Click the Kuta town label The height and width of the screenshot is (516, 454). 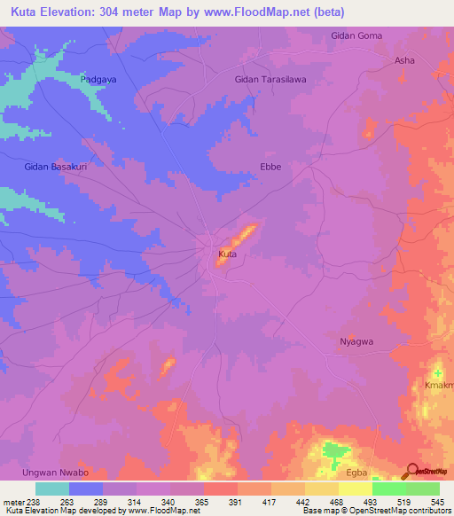(x=227, y=254)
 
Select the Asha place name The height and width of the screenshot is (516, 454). (x=404, y=60)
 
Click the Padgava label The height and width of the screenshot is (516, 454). (x=98, y=79)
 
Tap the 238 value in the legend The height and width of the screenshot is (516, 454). (x=34, y=501)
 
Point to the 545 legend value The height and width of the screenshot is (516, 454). (x=438, y=501)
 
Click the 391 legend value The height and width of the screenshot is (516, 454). (x=236, y=501)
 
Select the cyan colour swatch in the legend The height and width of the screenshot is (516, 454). (x=51, y=489)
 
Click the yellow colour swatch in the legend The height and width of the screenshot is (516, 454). (x=355, y=489)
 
